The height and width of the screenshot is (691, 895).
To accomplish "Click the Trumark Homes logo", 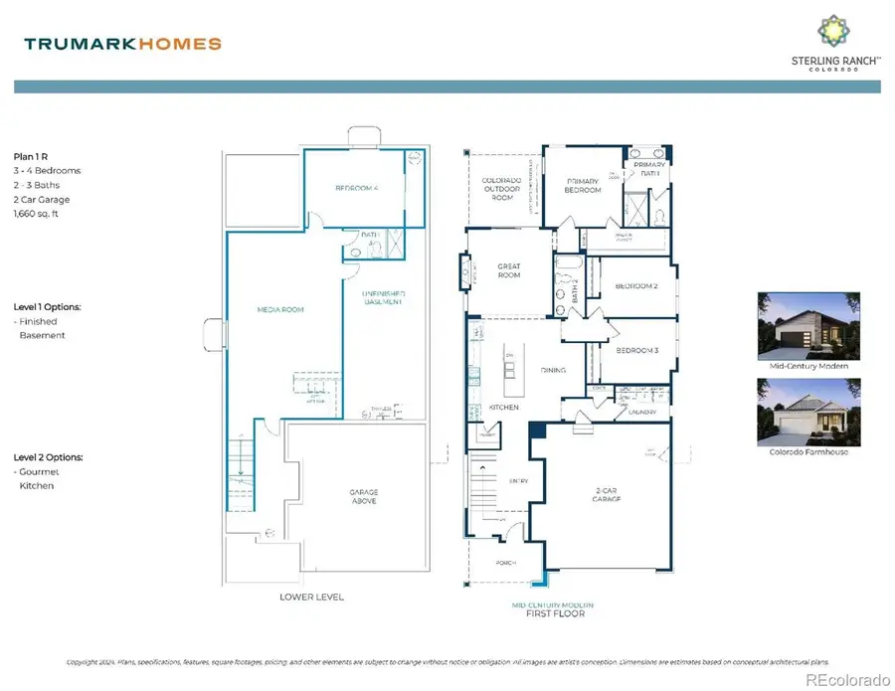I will [122, 44].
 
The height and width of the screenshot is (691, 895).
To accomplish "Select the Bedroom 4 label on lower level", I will [356, 188].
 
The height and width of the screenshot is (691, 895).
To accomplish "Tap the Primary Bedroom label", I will [584, 185].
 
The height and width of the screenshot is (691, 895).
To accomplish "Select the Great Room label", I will [509, 269].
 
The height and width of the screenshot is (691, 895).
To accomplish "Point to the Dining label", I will [552, 370].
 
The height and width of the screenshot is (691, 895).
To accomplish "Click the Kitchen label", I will [476, 408].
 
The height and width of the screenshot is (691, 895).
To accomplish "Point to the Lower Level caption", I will [312, 597].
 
